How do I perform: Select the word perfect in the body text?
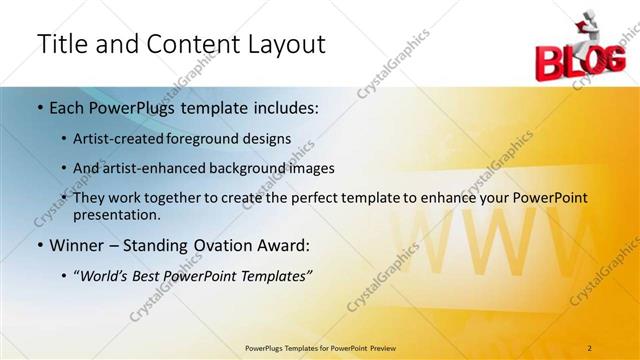click(303, 198)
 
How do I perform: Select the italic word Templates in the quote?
click(273, 276)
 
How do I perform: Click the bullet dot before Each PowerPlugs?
click(39, 107)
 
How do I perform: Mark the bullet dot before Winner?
click(39, 245)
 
